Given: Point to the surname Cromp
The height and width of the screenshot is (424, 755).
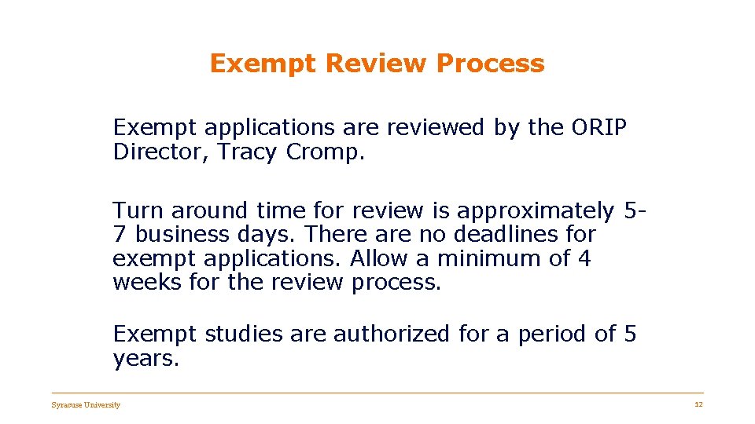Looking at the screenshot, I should coord(325,152).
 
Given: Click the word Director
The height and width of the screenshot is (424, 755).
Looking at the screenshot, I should coord(161,152).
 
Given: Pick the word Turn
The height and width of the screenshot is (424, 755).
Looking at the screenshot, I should coord(138,211).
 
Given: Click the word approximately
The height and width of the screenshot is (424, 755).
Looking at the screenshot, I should coord(536,211).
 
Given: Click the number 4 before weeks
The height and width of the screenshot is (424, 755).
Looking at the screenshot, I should coord(584,258).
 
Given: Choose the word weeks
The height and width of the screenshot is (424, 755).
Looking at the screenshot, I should coord(148,282).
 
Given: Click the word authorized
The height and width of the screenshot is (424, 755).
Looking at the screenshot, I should coord(392,334).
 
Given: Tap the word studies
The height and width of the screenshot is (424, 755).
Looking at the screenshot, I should coord(244,334).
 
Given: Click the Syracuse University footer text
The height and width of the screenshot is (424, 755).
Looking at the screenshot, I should coord(86,405).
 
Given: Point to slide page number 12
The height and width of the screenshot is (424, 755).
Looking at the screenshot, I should coord(698,404).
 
